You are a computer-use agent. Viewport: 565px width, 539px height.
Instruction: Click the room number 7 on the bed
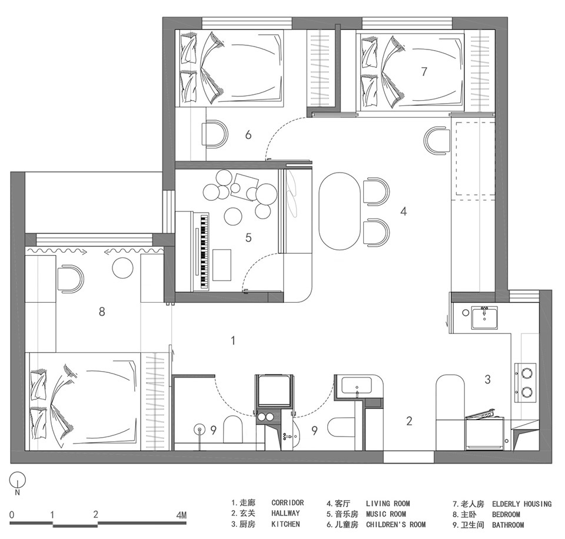pyautogui.click(x=424, y=71)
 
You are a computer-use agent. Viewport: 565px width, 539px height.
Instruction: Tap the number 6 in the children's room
pyautogui.click(x=248, y=135)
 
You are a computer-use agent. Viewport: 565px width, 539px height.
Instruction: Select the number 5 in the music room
pyautogui.click(x=248, y=237)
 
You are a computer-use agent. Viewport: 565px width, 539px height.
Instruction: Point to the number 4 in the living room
pyautogui.click(x=404, y=211)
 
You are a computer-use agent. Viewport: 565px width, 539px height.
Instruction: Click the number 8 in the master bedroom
pyautogui.click(x=102, y=311)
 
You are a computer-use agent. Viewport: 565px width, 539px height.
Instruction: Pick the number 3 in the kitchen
pyautogui.click(x=487, y=379)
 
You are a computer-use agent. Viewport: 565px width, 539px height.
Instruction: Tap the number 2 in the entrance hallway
pyautogui.click(x=409, y=421)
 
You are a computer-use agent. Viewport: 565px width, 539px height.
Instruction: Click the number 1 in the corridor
pyautogui.click(x=233, y=340)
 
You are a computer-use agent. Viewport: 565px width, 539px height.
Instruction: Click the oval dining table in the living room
pyautogui.click(x=340, y=211)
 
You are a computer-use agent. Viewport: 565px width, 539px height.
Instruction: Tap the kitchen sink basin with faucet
pyautogui.click(x=484, y=318)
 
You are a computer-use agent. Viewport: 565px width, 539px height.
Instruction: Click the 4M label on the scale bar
pyautogui.click(x=181, y=515)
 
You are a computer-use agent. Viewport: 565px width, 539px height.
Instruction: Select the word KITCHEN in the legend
pyautogui.click(x=285, y=524)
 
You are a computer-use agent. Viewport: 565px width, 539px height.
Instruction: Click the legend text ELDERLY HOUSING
pyautogui.click(x=522, y=504)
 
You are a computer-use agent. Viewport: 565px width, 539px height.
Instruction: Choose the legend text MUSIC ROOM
pyautogui.click(x=386, y=514)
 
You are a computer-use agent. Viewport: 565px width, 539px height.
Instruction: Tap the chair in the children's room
pyautogui.click(x=215, y=134)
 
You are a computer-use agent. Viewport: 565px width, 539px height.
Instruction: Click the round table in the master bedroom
pyautogui.click(x=123, y=267)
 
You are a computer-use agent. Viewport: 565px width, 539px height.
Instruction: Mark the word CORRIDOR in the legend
pyautogui.click(x=288, y=502)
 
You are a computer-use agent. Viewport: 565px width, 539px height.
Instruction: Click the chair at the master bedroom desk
pyautogui.click(x=71, y=279)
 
